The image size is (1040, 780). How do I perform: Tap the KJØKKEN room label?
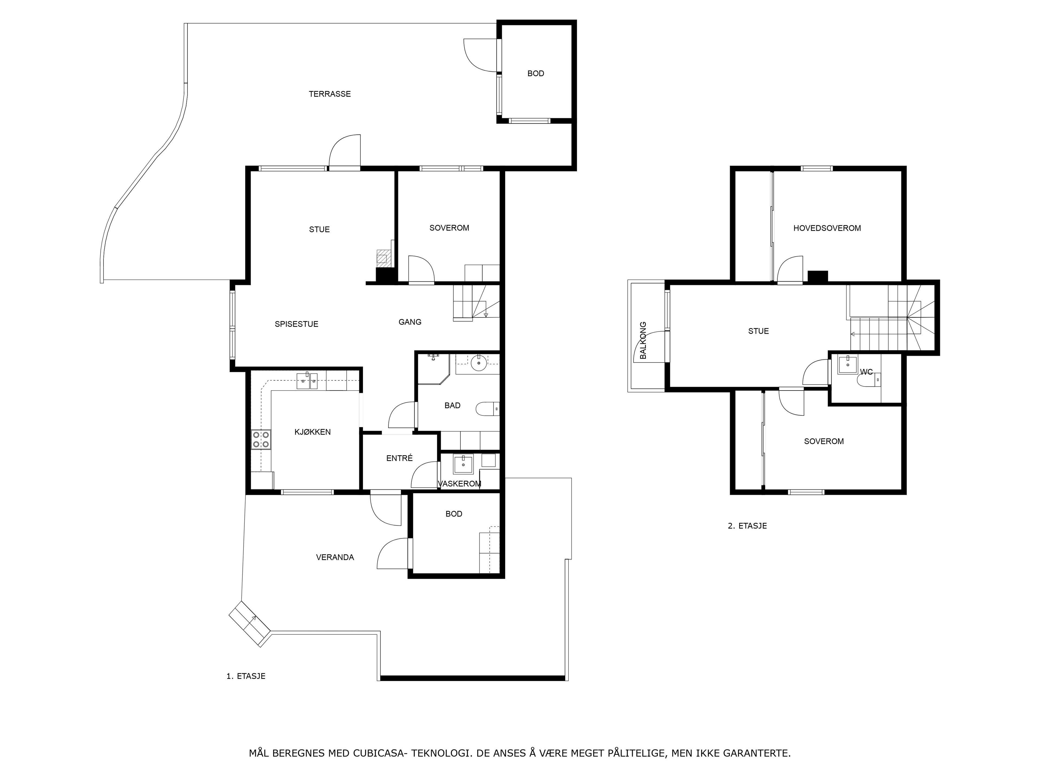point(313,432)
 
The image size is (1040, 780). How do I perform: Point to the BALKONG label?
point(643,340)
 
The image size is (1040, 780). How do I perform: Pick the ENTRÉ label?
point(399,458)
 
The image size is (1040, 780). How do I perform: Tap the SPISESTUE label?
point(296,324)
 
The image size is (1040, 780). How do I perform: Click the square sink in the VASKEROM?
point(463,464)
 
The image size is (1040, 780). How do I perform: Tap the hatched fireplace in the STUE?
point(384,258)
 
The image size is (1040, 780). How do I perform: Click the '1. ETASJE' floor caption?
point(246,676)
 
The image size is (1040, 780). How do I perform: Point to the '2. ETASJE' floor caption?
point(747,526)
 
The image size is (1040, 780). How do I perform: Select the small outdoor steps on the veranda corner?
point(250,623)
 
